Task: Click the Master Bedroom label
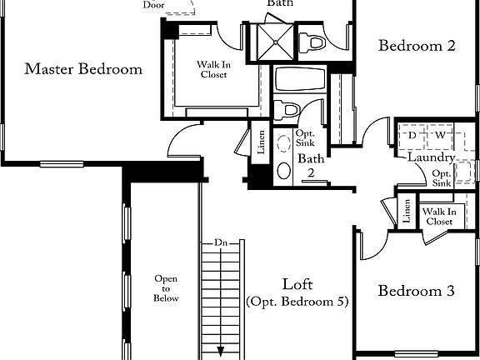[82, 69]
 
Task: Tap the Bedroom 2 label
[417, 46]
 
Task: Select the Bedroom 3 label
[416, 292]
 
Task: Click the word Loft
[297, 282]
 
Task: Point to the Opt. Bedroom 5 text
[297, 301]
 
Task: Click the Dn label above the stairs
[221, 242]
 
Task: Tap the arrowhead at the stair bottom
[222, 352]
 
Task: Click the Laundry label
[430, 157]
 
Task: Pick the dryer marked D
[412, 135]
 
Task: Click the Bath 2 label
[311, 166]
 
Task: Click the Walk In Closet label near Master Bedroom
[212, 69]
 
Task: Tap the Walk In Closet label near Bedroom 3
[439, 217]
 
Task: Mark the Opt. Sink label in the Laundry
[442, 177]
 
